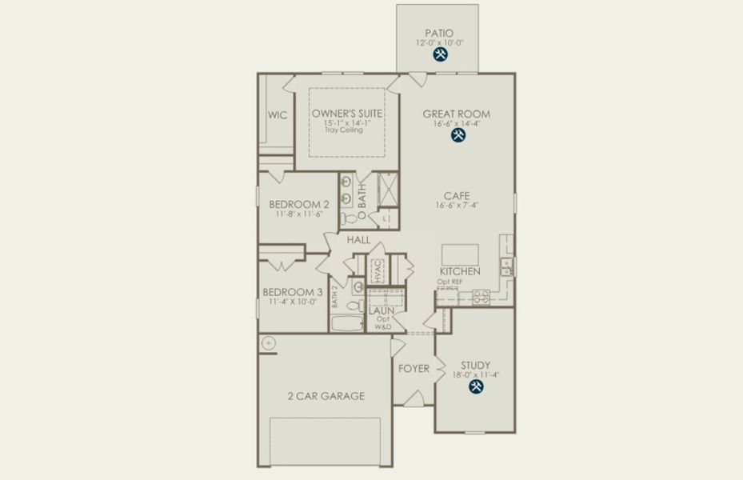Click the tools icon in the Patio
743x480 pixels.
439,54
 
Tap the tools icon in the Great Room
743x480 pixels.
457,136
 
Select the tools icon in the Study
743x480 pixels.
475,386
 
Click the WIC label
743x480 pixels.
277,115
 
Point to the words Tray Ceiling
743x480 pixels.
344,130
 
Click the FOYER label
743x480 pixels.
413,369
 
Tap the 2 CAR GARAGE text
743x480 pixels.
326,396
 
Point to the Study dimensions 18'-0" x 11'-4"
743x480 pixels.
475,374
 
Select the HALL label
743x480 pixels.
358,239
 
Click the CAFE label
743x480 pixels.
457,195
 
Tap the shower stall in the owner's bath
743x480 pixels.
388,190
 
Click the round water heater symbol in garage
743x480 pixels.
266,342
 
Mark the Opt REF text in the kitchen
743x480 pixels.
449,282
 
